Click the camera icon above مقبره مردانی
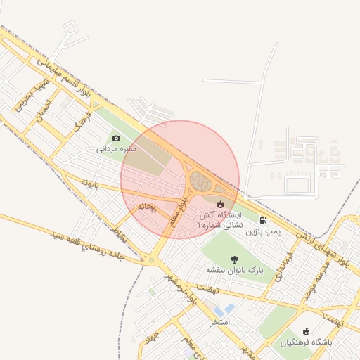[x=116, y=138]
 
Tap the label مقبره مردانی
[x=116, y=149]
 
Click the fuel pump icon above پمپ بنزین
[x=263, y=219]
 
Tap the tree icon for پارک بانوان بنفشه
[x=233, y=259]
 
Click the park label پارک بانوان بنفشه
[x=233, y=270]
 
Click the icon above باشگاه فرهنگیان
[x=305, y=331]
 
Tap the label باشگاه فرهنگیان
[x=305, y=342]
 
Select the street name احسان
[x=44, y=110]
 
